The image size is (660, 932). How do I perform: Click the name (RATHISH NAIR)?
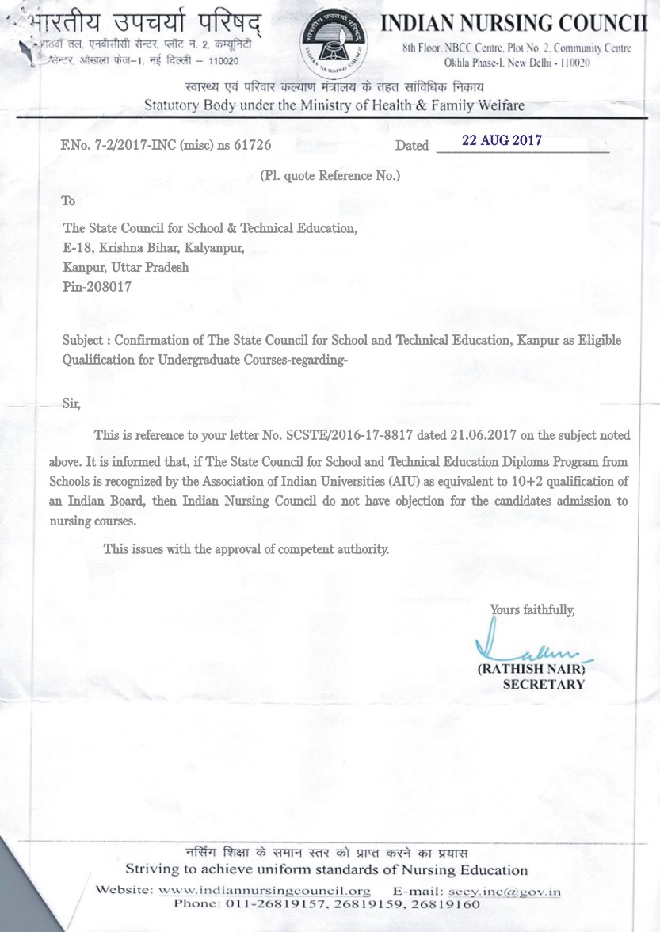pyautogui.click(x=531, y=669)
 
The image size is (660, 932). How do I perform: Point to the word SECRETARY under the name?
pyautogui.click(x=544, y=684)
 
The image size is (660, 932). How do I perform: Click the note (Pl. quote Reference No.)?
pyautogui.click(x=330, y=175)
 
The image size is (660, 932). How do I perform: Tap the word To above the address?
pyautogui.click(x=69, y=201)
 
